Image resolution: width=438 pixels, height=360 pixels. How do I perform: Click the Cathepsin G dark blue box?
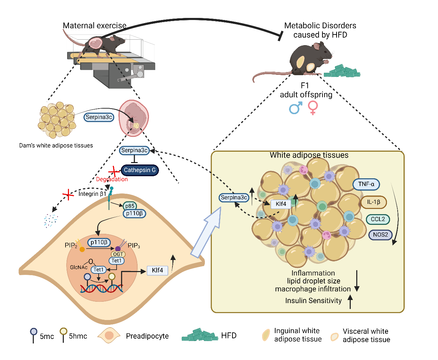140,170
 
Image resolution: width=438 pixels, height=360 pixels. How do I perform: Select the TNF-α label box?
366,184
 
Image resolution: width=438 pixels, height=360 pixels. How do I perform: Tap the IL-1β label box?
374,202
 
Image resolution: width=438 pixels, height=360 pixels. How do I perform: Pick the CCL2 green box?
378,219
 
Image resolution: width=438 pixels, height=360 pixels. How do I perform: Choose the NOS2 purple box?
380,235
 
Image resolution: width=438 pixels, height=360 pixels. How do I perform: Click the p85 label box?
130,206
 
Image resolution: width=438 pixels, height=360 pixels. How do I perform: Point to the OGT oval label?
118,254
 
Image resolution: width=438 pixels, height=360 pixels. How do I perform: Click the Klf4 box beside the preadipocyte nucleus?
157,270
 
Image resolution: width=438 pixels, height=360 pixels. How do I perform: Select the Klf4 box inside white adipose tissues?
281,204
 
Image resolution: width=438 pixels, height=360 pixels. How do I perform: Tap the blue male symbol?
295,108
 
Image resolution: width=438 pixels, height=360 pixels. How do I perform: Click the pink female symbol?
313,108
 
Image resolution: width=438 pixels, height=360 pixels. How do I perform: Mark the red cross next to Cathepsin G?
113,171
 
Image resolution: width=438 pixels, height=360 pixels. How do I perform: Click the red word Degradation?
112,179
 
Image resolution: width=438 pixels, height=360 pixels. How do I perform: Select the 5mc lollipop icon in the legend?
33,334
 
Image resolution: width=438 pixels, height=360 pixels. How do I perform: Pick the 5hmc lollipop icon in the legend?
63,334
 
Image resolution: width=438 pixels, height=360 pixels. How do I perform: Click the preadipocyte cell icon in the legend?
109,336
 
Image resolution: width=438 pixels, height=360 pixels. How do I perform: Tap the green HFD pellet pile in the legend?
200,335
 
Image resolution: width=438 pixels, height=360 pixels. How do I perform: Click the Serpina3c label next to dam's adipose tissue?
99,117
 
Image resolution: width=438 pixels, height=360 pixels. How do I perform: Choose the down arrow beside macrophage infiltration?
357,281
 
